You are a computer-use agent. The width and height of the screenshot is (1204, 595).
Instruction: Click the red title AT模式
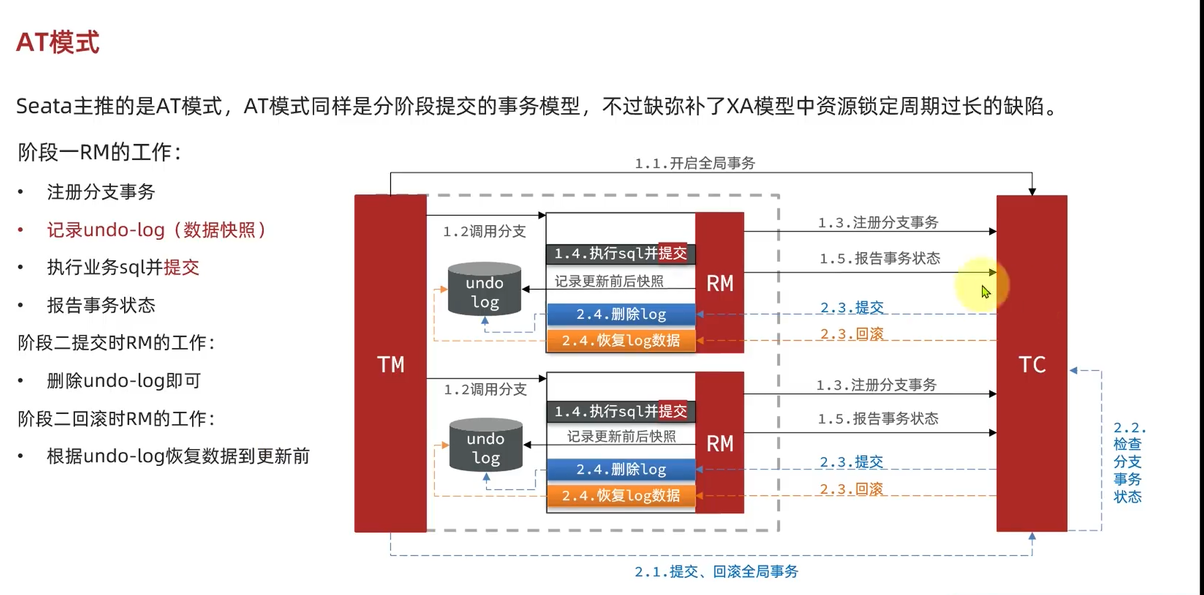pos(58,42)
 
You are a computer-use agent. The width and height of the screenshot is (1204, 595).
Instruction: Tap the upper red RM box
pos(720,283)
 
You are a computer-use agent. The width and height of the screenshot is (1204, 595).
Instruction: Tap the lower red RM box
pos(720,442)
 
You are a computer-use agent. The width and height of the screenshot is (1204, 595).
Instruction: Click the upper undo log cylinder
pos(484,290)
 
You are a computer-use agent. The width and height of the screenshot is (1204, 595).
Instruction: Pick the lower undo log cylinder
pos(485,446)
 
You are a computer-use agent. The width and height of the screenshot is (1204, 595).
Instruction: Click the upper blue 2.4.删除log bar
pos(621,315)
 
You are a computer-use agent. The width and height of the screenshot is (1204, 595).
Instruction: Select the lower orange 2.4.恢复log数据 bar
pos(621,496)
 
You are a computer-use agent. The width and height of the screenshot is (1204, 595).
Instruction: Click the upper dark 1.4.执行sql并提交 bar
pos(620,254)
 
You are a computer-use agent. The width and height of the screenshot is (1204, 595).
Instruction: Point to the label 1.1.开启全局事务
pos(694,163)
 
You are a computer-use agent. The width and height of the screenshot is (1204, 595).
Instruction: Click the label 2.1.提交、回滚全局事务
pos(716,571)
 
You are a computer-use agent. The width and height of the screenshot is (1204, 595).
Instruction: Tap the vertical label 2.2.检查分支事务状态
pos(1128,462)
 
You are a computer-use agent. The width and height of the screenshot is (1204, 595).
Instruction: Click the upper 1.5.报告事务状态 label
pos(879,258)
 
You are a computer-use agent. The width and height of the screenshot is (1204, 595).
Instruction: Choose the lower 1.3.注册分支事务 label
pos(876,385)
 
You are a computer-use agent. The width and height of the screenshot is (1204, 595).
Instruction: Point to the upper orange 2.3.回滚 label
pos(852,334)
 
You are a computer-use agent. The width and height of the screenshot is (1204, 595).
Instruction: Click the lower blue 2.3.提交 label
pos(851,462)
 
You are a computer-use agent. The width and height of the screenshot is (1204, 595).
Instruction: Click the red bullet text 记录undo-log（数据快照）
pos(156,229)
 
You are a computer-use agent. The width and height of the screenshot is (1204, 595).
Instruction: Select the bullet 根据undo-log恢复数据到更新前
pos(178,456)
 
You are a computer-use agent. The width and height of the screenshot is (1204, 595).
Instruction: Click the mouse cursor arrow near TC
pos(986,291)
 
